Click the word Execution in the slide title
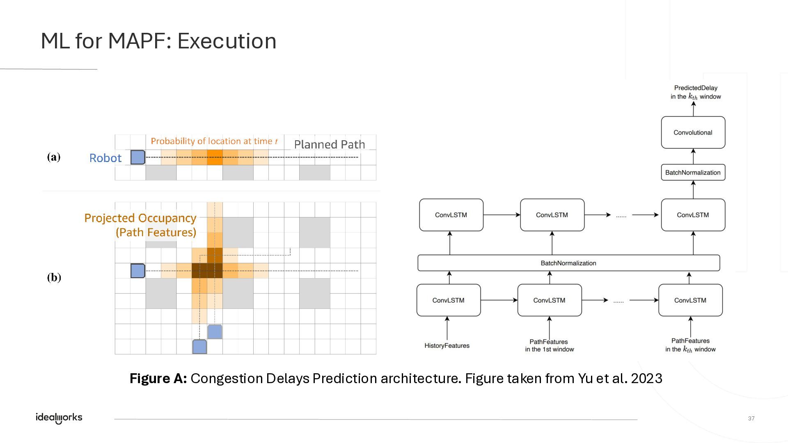[x=227, y=41]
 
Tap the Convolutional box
[x=693, y=132]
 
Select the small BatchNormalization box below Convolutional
[x=693, y=172]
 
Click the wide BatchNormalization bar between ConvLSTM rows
[x=568, y=263]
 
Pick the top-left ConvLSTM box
[x=451, y=215]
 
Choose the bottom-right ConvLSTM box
[x=690, y=300]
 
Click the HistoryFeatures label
[x=447, y=346]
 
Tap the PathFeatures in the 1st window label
[x=549, y=345]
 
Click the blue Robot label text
[x=105, y=158]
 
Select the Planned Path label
[x=330, y=144]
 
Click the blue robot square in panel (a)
[x=138, y=158]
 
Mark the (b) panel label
[x=54, y=278]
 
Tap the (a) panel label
[x=54, y=157]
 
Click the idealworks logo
[x=59, y=418]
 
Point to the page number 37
[x=751, y=418]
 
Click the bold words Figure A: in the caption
[x=158, y=378]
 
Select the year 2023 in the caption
[x=646, y=378]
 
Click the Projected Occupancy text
[x=140, y=218]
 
